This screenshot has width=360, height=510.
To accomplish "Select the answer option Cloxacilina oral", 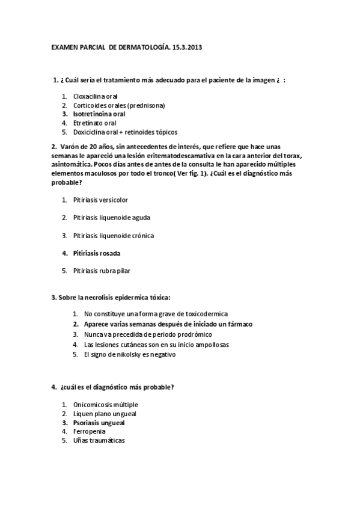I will click(95, 96).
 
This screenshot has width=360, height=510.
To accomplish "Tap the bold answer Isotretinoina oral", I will click(99, 114).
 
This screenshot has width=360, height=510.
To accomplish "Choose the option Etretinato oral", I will click(94, 123).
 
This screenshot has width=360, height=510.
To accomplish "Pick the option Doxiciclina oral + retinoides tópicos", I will click(125, 132).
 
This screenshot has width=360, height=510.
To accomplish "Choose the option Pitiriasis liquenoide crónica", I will click(113, 235).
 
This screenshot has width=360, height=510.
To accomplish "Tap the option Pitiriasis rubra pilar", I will click(101, 271).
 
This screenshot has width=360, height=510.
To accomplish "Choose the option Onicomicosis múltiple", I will click(105, 405).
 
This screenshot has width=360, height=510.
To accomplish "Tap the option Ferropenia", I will click(88, 431).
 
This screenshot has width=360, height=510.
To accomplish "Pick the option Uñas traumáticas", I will click(99, 440).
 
